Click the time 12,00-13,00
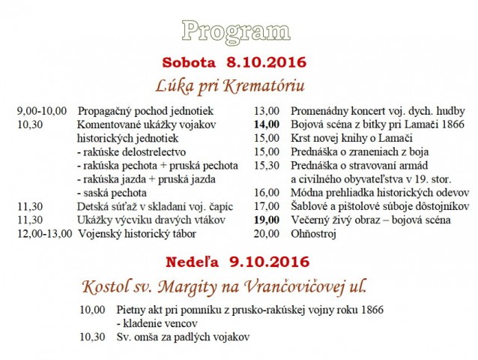coord(44,233)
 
